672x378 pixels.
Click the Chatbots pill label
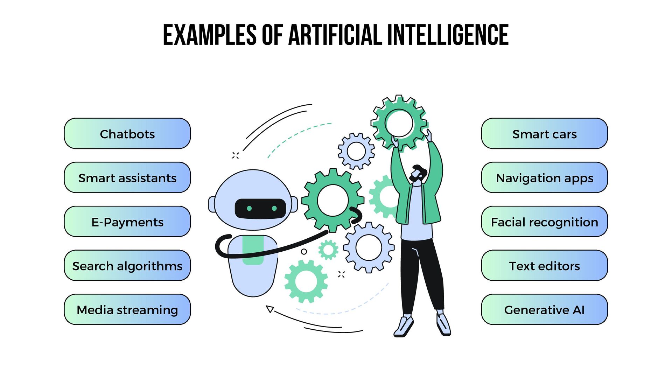click(x=127, y=134)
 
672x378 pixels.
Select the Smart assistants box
click(x=127, y=178)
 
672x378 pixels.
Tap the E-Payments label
click(x=127, y=222)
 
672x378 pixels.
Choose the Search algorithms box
click(x=127, y=266)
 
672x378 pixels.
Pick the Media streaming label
click(x=127, y=310)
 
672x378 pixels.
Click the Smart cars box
click(x=544, y=134)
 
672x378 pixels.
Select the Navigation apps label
click(x=544, y=178)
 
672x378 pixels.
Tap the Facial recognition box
click(x=544, y=222)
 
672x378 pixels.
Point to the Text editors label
click(x=544, y=266)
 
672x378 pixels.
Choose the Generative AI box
click(x=544, y=310)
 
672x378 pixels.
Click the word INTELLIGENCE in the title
click(x=448, y=35)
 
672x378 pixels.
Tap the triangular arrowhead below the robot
click(x=269, y=309)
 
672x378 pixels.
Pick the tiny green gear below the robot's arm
click(x=328, y=250)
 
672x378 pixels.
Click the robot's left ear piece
click(x=212, y=204)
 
